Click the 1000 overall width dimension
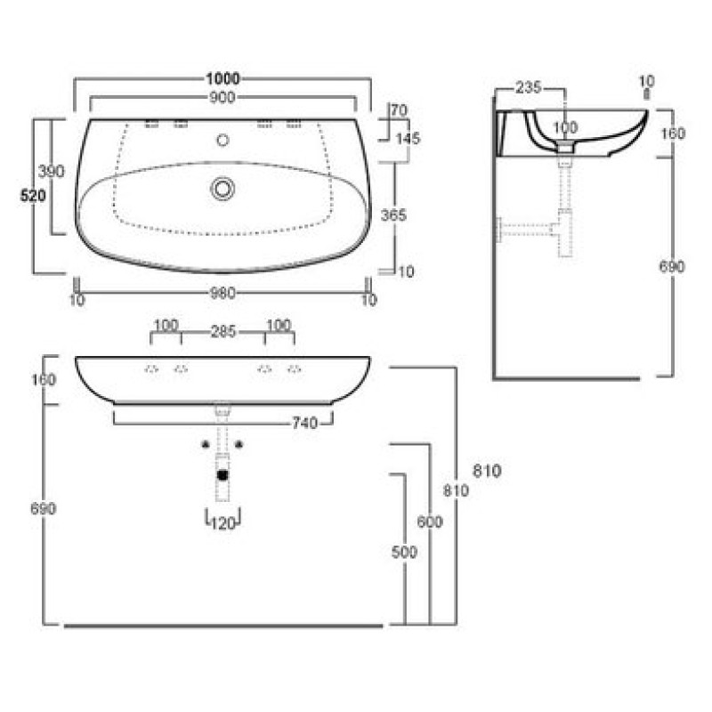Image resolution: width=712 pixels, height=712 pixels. click(x=222, y=78)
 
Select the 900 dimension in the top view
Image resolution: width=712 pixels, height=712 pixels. click(x=222, y=97)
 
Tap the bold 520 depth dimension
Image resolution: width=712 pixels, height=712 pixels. click(x=33, y=196)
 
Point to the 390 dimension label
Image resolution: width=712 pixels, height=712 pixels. click(x=51, y=172)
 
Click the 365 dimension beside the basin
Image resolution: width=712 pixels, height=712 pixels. click(x=393, y=215)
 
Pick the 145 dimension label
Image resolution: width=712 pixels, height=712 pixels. click(x=408, y=139)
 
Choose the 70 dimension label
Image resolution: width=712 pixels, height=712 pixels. click(x=399, y=110)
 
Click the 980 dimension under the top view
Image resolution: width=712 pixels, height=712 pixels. click(x=222, y=294)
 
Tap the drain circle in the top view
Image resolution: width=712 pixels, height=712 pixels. click(x=222, y=188)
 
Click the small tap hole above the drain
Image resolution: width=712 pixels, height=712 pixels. click(x=222, y=140)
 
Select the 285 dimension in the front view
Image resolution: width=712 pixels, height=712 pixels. click(x=223, y=332)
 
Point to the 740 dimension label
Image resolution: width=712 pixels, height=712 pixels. click(x=304, y=424)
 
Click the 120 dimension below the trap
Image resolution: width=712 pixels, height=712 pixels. click(x=223, y=523)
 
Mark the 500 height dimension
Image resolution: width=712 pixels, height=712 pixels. click(x=404, y=552)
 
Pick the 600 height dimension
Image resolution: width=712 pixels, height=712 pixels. click(x=430, y=522)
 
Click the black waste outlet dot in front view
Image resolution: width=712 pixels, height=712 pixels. click(x=222, y=475)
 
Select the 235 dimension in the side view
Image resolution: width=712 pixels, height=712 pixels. click(x=529, y=87)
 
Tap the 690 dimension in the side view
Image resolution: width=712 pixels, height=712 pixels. click(x=672, y=266)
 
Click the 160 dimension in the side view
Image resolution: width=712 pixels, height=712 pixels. click(x=673, y=134)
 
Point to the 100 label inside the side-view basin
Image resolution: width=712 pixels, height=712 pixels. click(x=565, y=127)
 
